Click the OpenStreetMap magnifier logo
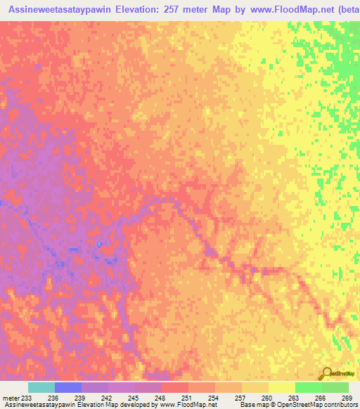327,372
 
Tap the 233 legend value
27,397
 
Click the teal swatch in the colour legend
41,387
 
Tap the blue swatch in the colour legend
67,387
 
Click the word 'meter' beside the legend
10,397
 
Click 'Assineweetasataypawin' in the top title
56,11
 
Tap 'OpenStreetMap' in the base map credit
295,405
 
